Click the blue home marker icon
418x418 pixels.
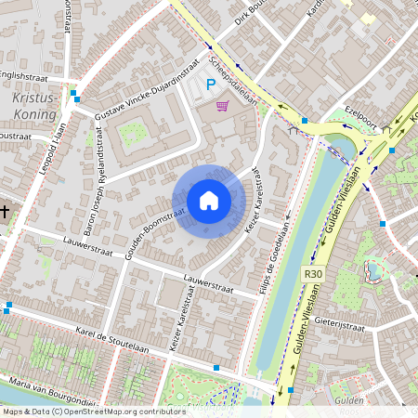(x=208, y=201)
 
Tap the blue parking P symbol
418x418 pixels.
(x=210, y=85)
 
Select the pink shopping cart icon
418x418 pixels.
(x=221, y=105)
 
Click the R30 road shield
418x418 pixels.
(x=313, y=274)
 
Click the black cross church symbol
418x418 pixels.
(x=5, y=212)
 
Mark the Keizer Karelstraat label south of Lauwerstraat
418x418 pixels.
(x=181, y=320)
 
